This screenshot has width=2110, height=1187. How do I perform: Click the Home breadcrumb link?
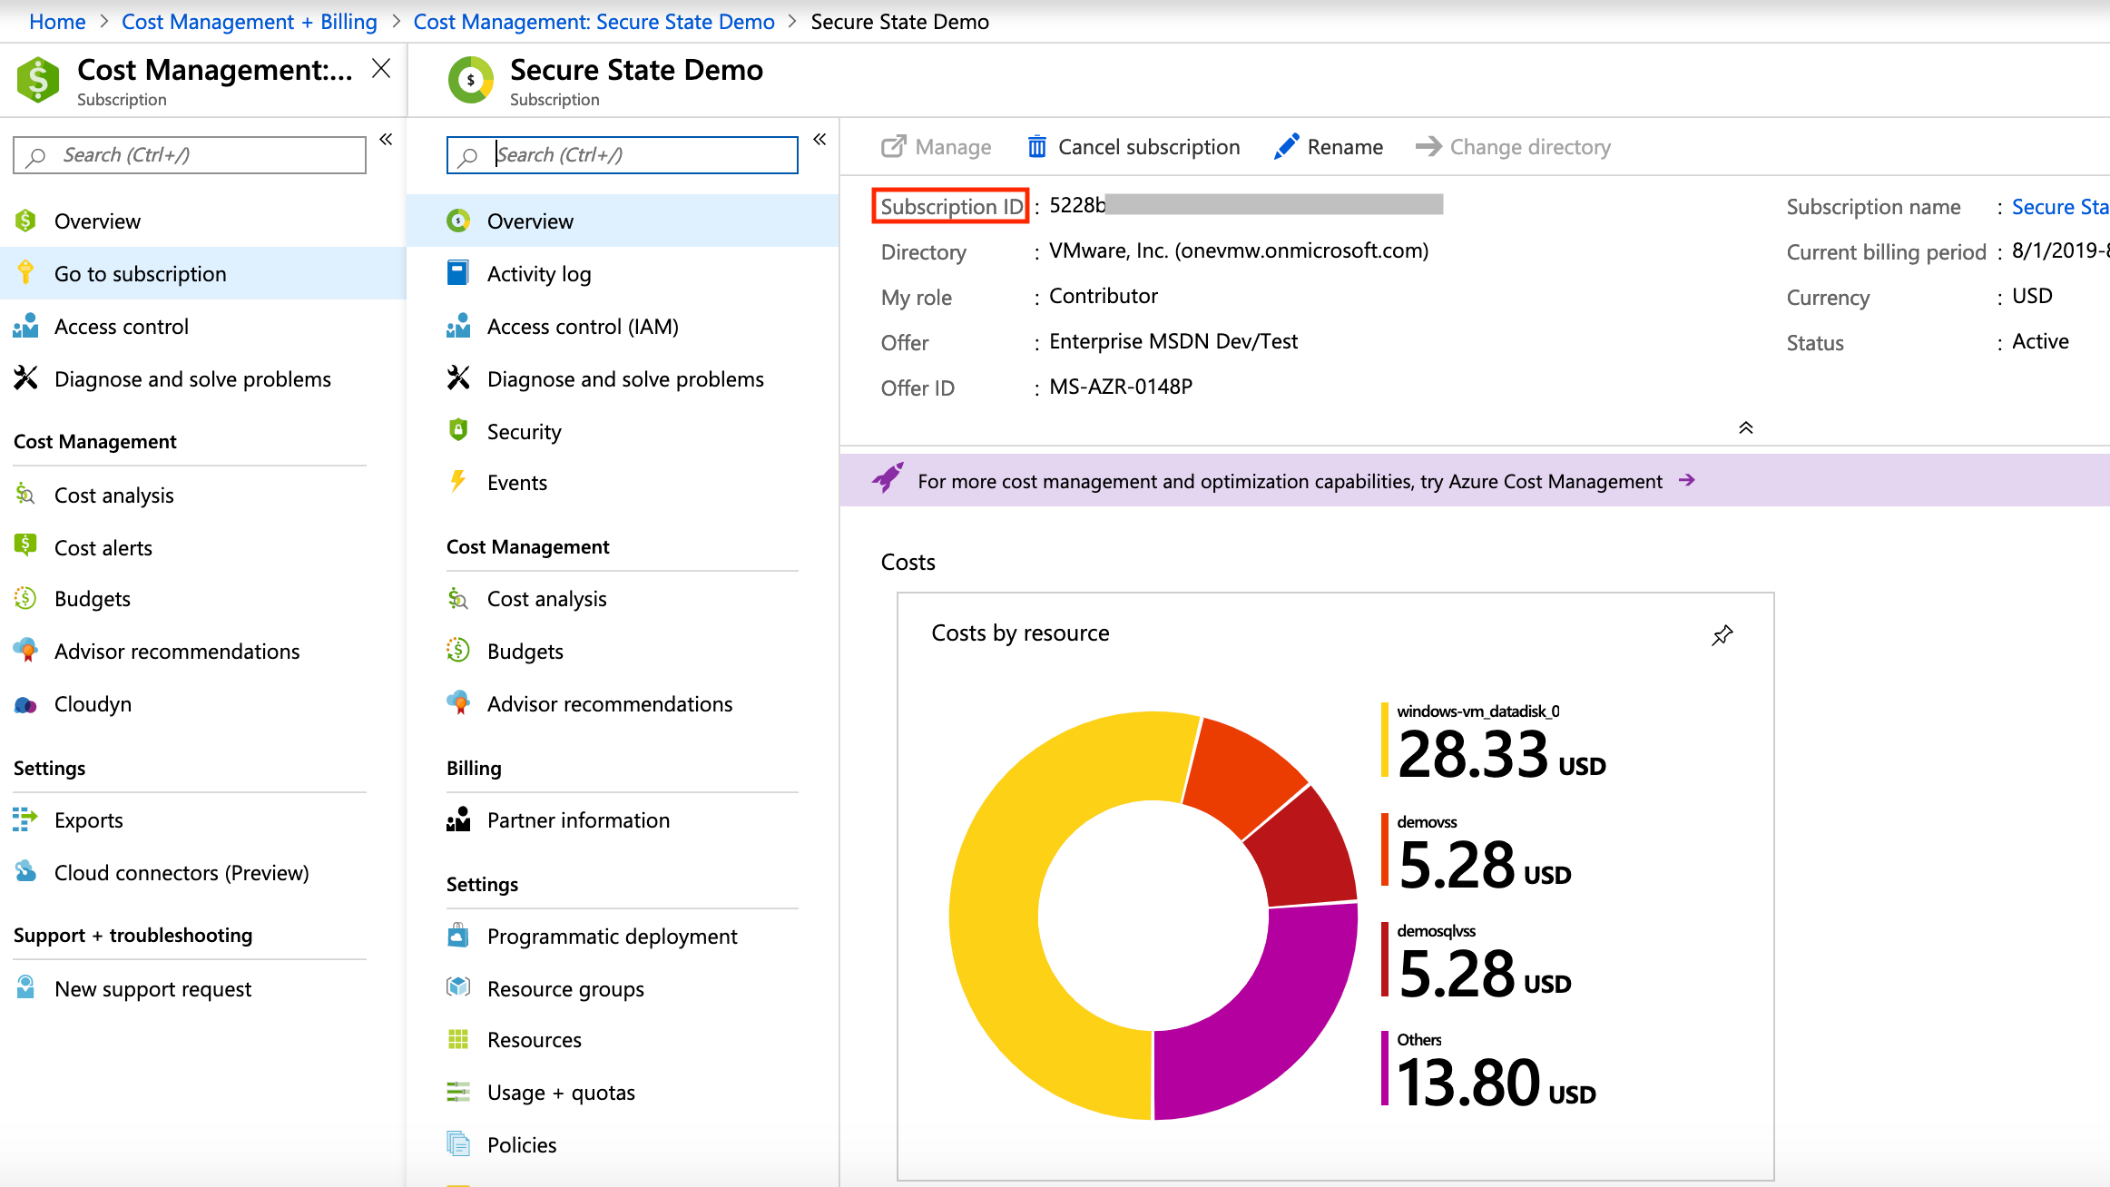pos(57,22)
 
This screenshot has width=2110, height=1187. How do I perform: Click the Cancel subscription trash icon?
pos(1036,146)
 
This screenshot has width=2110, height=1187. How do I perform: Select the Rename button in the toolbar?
pos(1330,147)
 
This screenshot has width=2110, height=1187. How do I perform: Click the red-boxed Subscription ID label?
pos(951,206)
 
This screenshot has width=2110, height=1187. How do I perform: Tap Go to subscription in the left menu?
pos(140,274)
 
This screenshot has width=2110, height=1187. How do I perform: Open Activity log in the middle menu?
pos(538,274)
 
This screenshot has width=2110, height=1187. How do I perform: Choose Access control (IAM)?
pos(582,327)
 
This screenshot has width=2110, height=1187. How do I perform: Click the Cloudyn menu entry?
pos(93,704)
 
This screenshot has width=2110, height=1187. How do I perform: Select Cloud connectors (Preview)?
pos(181,873)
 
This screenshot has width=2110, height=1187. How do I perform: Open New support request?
pos(152,989)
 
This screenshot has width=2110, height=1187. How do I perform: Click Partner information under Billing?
pos(578,820)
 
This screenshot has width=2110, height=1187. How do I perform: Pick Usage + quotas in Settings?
pos(560,1093)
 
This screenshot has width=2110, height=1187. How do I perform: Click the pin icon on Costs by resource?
pos(1722,634)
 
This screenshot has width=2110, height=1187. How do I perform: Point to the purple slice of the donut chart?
pos(1261,1016)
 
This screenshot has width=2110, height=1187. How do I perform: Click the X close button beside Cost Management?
pos(381,69)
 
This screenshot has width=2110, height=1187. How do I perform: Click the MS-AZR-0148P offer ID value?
pos(1120,387)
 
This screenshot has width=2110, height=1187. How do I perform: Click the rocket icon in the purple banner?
pos(888,478)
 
